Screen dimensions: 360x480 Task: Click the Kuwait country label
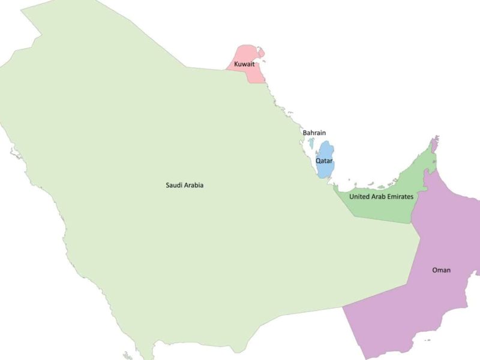[244, 64]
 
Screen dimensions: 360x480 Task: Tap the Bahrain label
[314, 133]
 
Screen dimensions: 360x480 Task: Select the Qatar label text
[324, 161]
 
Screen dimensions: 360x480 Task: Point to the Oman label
[441, 270]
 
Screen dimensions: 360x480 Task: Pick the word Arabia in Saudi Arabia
[194, 185]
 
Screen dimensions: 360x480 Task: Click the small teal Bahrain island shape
[311, 144]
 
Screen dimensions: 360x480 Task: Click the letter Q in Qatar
[319, 161]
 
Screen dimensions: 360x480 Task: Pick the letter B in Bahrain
[305, 133]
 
